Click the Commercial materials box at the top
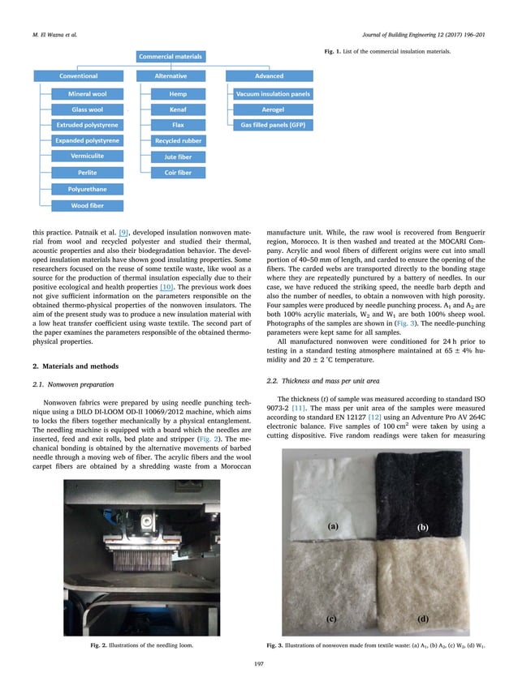(171, 57)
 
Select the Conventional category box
(78, 76)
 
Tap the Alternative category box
(171, 76)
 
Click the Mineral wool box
(87, 95)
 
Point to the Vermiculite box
(87, 156)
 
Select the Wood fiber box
(87, 205)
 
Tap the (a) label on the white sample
(332, 525)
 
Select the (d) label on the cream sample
(421, 619)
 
